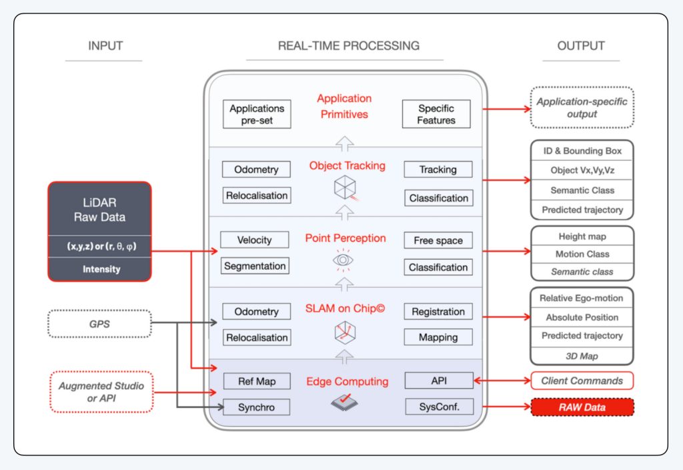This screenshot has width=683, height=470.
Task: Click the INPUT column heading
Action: pos(105,46)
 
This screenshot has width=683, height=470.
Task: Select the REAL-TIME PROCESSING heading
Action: pos(348,46)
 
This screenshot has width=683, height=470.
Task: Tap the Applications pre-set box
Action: pos(256,114)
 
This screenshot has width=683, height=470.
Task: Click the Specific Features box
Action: pos(436,114)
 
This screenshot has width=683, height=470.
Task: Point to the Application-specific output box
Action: pos(582,108)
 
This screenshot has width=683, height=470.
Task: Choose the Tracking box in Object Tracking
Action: pos(438,170)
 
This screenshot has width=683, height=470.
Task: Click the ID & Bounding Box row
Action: pos(582,151)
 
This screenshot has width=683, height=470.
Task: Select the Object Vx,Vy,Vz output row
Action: pos(582,170)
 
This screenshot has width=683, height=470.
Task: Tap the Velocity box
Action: pos(256,240)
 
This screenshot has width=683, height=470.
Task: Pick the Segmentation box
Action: pos(255,266)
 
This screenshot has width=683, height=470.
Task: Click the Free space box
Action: pos(438,240)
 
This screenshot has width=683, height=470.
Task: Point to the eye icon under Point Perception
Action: pos(343,260)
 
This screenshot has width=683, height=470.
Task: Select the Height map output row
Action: pos(582,236)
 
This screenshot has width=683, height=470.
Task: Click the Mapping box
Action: pos(438,337)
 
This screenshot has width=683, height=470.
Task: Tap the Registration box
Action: pos(438,311)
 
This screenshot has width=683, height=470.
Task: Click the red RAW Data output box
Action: pos(582,407)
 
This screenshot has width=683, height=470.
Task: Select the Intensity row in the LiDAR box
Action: pos(99,270)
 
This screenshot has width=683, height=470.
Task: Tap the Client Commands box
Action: pos(582,381)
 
